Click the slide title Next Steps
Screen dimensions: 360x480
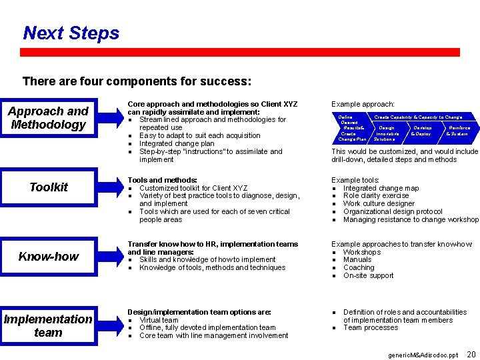point(71,33)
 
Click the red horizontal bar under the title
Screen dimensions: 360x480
point(240,52)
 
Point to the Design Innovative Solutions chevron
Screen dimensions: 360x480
point(387,133)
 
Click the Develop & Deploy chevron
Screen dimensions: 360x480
point(421,131)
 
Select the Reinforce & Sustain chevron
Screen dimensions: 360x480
point(458,131)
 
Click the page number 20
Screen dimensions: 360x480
point(471,354)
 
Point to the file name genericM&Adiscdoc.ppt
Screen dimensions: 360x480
point(423,355)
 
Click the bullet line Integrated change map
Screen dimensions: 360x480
point(381,188)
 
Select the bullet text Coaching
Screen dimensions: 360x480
point(359,267)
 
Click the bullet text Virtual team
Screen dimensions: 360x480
point(159,320)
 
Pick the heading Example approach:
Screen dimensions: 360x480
point(363,105)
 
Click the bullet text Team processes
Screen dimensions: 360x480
point(371,327)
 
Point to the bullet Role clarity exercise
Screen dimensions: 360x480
point(376,196)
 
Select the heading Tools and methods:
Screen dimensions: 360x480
point(162,180)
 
